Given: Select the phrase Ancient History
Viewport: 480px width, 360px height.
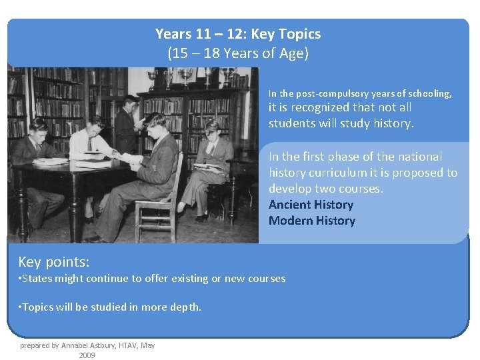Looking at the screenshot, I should [x=311, y=205].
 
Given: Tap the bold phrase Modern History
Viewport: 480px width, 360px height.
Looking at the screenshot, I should [x=312, y=221].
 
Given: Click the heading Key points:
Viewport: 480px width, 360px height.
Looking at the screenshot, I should [x=54, y=261].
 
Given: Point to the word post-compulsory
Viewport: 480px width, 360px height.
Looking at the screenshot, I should [x=325, y=94].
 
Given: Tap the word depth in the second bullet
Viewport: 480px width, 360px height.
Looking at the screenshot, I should [x=186, y=307].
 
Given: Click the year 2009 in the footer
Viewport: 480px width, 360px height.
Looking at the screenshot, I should [x=87, y=355].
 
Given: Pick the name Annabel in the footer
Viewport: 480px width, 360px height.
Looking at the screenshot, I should [x=78, y=345].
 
